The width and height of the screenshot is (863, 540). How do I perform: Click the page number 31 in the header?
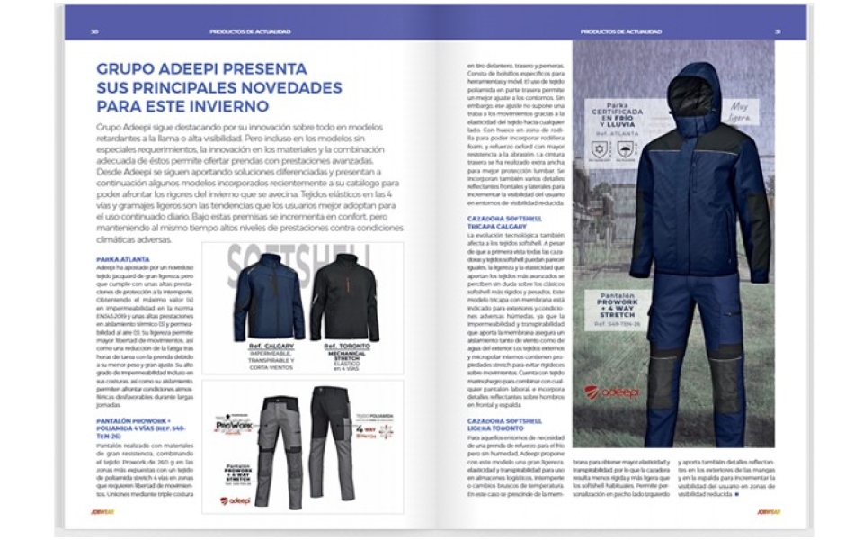click(778, 31)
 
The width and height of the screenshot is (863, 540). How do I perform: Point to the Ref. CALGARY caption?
click(268, 346)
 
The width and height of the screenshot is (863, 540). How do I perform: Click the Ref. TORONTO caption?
click(345, 346)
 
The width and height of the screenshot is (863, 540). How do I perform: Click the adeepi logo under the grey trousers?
click(236, 500)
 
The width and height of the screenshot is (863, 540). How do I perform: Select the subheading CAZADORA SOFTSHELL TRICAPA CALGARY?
click(504, 222)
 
